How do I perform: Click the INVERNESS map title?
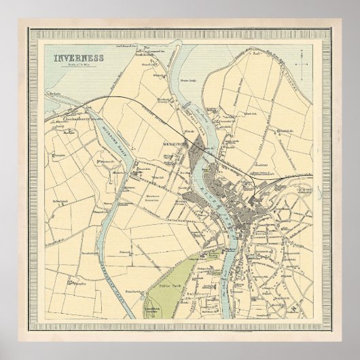coord(79,57)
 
